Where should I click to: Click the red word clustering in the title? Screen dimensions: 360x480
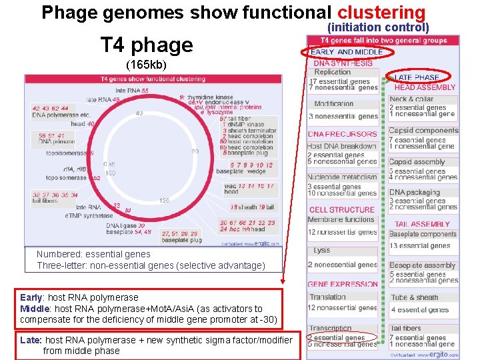[381, 13]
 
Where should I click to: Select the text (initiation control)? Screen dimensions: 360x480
[377, 27]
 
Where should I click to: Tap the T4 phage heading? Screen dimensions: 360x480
[146, 45]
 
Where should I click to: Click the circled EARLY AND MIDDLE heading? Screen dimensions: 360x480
[347, 52]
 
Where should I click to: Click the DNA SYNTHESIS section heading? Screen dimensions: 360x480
[343, 63]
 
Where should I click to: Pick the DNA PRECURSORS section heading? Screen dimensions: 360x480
[342, 134]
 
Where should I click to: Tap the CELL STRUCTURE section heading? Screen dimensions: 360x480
[341, 210]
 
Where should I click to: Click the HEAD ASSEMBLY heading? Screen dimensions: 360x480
[425, 87]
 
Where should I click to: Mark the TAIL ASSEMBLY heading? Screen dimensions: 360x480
[421, 225]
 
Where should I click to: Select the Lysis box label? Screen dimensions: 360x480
[322, 251]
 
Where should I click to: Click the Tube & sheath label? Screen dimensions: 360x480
[415, 297]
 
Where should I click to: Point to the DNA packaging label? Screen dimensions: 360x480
[414, 192]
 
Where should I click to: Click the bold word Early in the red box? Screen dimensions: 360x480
[31, 297]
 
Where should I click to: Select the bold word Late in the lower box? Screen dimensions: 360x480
[31, 340]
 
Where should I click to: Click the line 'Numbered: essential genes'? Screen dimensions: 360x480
[93, 254]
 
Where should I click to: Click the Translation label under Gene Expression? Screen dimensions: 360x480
[327, 297]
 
